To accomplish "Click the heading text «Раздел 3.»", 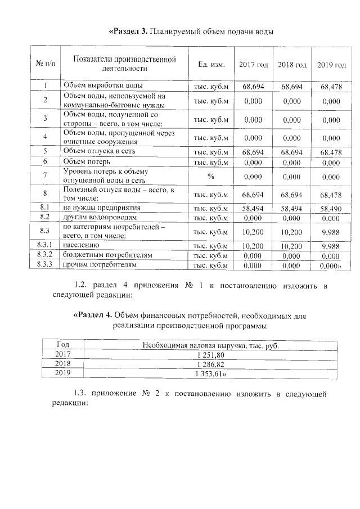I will [x=127, y=31].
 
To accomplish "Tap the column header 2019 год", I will [x=331, y=65].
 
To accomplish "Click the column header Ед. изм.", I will [x=211, y=65].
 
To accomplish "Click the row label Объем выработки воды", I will [x=98, y=87].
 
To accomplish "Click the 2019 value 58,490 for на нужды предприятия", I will [x=331, y=208].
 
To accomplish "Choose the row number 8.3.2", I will [x=44, y=255].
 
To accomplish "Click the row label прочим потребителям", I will [x=99, y=265].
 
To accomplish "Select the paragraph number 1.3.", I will [x=82, y=393].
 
